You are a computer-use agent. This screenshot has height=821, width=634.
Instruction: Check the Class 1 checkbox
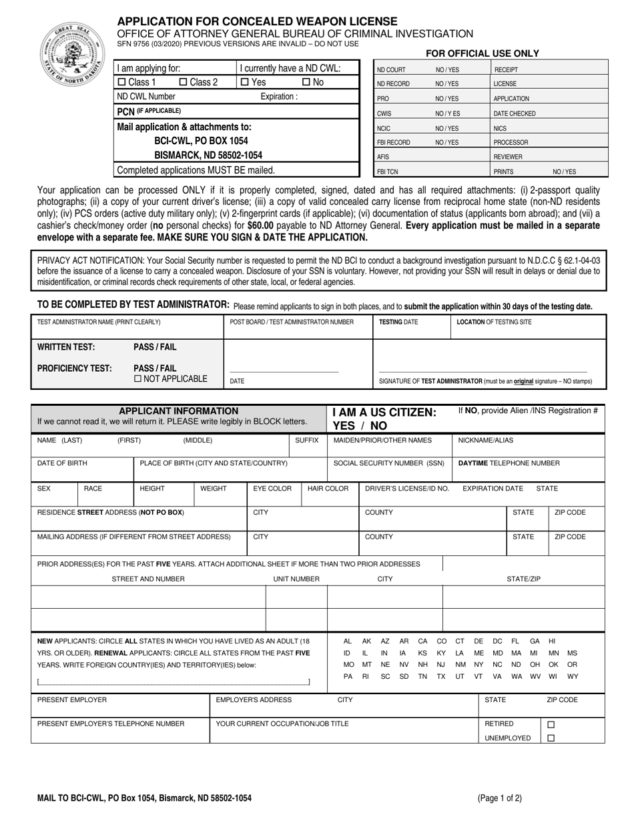pyautogui.click(x=121, y=82)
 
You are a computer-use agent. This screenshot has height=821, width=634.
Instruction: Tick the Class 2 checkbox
pyautogui.click(x=184, y=82)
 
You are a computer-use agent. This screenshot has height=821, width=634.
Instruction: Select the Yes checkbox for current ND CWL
pyautogui.click(x=244, y=82)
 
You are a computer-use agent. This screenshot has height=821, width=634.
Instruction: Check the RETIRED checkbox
pyautogui.click(x=551, y=724)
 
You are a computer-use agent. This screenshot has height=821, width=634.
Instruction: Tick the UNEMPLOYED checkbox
pyautogui.click(x=551, y=738)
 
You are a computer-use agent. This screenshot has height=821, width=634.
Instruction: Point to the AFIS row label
pyautogui.click(x=384, y=157)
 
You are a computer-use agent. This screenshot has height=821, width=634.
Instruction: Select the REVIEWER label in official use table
pyautogui.click(x=508, y=157)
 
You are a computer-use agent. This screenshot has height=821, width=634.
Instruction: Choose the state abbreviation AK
pyautogui.click(x=366, y=641)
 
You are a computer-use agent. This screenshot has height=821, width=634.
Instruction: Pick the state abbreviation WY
pyautogui.click(x=573, y=676)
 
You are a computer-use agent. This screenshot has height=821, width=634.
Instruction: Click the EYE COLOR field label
pyautogui.click(x=272, y=489)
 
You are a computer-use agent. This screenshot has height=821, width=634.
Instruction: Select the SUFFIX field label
pyautogui.click(x=307, y=441)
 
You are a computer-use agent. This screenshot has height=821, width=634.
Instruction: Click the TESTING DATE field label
pyautogui.click(x=398, y=322)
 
